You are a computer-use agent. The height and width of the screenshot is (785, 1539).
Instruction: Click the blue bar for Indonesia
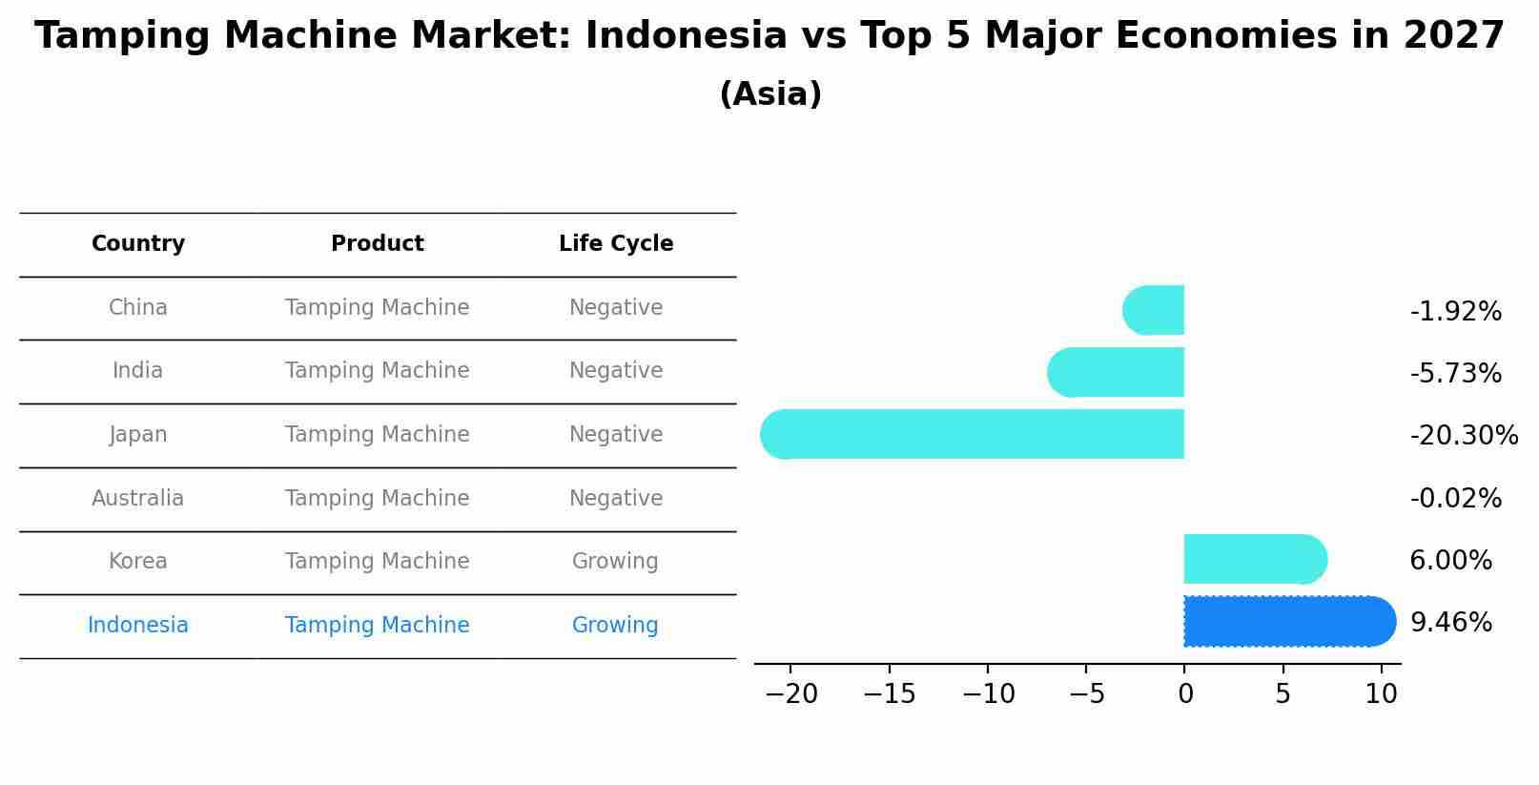tap(1287, 622)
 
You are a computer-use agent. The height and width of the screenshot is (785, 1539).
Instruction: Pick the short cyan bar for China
tap(1155, 310)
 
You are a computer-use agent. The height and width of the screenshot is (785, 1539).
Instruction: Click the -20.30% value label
tap(1464, 436)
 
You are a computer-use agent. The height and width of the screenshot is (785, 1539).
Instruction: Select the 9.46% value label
tap(1450, 623)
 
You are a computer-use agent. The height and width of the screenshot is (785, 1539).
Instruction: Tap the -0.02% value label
tap(1455, 499)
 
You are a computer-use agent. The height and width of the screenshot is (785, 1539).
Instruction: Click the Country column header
tap(138, 244)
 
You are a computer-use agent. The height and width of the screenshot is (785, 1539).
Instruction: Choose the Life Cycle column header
tap(616, 244)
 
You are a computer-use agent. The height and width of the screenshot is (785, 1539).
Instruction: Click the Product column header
tap(378, 244)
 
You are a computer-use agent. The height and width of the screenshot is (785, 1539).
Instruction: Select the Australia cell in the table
tap(138, 499)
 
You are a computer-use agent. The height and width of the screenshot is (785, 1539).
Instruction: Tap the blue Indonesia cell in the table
tap(138, 626)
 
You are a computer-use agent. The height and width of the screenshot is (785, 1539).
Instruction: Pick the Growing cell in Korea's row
tap(615, 562)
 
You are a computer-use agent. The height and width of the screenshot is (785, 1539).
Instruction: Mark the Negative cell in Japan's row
tap(616, 435)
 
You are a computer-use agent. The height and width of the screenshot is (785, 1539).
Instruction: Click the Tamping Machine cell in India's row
tap(378, 371)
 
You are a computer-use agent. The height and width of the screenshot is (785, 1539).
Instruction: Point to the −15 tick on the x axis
tap(889, 694)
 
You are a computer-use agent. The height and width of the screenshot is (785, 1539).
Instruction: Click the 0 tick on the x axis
tap(1185, 694)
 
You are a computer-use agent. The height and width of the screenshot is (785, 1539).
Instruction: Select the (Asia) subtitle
tap(770, 94)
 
